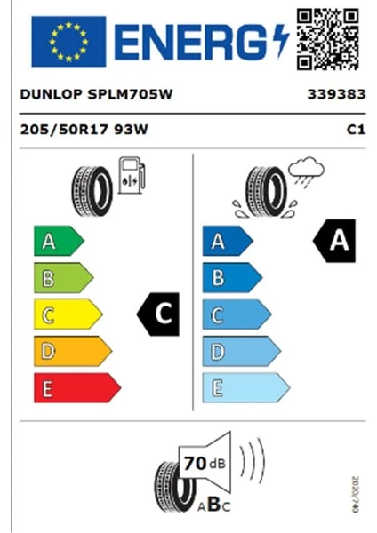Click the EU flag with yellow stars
point(68,42)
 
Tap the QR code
point(328,39)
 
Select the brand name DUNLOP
point(51,94)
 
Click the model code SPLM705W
point(131,94)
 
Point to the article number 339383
point(336,94)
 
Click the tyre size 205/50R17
point(64,130)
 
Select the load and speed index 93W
point(131,130)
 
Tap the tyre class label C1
point(356,130)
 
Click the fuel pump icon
point(132,175)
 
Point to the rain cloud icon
point(306,171)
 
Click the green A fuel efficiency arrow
point(59,241)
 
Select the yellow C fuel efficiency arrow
point(68,314)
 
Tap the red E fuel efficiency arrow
point(77,388)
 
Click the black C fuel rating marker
point(158,314)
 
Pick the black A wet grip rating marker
point(334,241)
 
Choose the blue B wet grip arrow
point(232,278)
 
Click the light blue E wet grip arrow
point(246,388)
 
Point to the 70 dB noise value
point(205,464)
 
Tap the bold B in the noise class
point(214,505)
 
